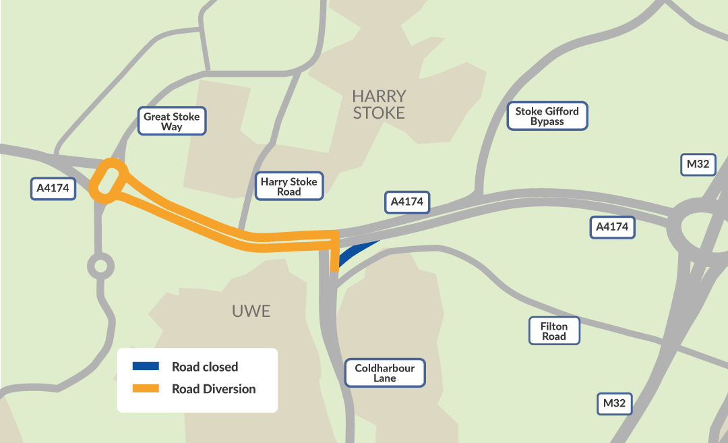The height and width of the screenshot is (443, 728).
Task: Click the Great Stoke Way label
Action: click(x=171, y=121)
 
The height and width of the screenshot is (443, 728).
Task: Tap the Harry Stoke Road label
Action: click(x=290, y=186)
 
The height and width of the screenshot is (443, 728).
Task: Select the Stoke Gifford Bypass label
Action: click(x=547, y=116)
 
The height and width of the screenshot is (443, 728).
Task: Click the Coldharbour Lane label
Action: click(x=385, y=373)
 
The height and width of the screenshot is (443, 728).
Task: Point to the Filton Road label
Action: click(x=553, y=331)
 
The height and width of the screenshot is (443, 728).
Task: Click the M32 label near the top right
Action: click(x=698, y=165)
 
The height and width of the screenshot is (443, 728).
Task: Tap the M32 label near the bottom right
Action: click(x=614, y=403)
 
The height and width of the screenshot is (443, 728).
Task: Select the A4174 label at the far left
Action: click(x=53, y=188)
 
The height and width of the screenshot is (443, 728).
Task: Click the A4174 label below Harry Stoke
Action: click(x=407, y=202)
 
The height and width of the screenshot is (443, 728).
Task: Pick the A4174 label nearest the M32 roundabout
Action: click(x=612, y=227)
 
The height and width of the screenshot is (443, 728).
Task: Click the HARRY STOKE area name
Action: click(x=379, y=105)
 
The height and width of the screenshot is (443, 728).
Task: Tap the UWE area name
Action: click(x=251, y=311)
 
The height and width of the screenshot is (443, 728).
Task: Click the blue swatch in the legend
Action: click(x=146, y=366)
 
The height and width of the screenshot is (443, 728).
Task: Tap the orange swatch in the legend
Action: click(x=146, y=388)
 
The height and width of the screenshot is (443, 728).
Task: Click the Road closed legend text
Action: click(x=205, y=367)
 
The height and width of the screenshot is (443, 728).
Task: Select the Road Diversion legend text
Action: click(x=214, y=389)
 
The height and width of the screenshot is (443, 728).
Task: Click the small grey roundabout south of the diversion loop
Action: click(x=100, y=266)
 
